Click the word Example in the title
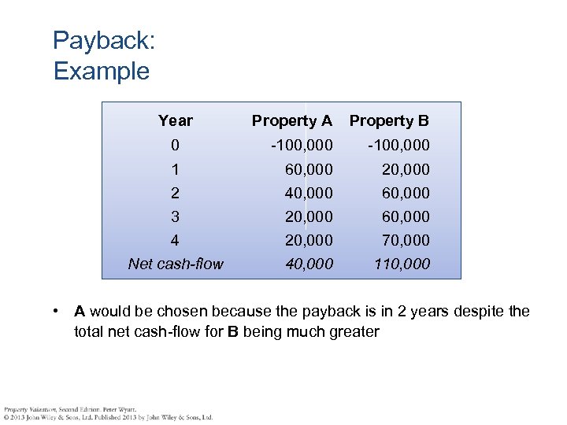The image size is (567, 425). coord(101,72)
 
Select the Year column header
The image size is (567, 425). coord(175,120)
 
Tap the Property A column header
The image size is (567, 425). coord(291,120)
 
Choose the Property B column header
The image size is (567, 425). coord(389,120)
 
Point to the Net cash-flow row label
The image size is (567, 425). coord(176,264)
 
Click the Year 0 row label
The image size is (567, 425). coord(175,145)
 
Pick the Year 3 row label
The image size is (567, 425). coord(175,216)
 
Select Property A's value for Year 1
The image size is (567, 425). coord(308,168)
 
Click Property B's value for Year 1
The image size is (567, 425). coord(406,168)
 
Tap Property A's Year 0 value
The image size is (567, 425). coord(302,145)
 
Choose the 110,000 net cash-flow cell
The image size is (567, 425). coord(401,264)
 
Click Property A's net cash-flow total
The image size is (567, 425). coord(308,264)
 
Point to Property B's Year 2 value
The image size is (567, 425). coord(406,192)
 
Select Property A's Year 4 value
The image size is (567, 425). coord(308,239)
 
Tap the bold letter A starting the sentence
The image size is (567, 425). coord(80,312)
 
